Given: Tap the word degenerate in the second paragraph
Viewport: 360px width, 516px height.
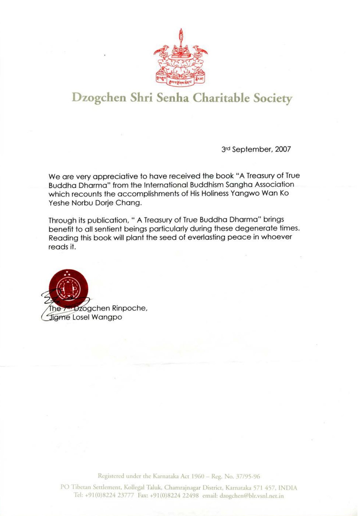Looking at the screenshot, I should [256, 229].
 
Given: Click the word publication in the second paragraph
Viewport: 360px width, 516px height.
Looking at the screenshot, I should [108, 220].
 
